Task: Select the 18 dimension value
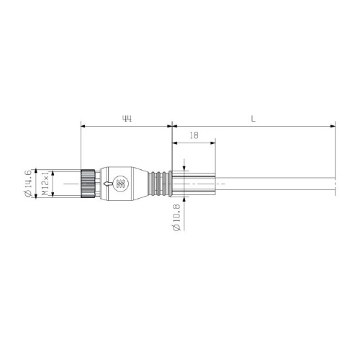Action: pos(194,135)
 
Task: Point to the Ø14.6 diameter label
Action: pos(28,184)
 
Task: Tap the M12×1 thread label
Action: pos(45,184)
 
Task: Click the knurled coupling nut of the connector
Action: pos(89,184)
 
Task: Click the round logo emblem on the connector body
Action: pos(120,184)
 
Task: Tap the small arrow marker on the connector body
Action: pos(107,184)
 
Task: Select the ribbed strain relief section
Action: pos(160,184)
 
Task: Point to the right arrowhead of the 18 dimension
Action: pos(212,143)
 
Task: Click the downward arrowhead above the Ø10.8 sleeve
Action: pos(185,167)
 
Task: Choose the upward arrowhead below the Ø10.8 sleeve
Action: pos(185,201)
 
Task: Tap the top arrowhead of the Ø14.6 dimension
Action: pos(35,171)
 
